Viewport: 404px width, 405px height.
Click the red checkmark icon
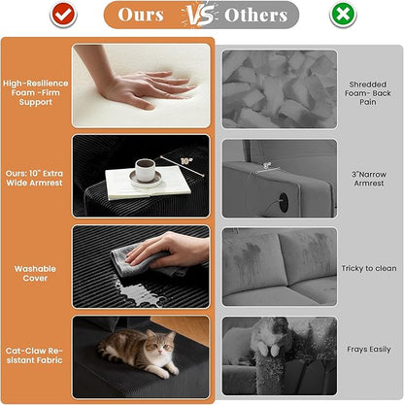(63, 15)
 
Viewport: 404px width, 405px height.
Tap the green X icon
(343, 15)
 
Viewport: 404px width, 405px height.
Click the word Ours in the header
(141, 15)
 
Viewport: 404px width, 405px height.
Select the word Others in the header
(255, 15)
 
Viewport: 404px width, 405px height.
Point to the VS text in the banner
(200, 16)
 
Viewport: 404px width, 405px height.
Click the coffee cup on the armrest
(145, 170)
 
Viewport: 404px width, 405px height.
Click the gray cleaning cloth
(144, 260)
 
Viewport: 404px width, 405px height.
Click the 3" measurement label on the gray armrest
(267, 165)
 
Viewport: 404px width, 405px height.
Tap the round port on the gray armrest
(284, 203)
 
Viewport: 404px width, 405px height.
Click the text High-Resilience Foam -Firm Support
(36, 92)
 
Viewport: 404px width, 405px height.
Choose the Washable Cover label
(35, 273)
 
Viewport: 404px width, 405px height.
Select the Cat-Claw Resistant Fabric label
(34, 355)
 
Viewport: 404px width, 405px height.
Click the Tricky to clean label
(369, 268)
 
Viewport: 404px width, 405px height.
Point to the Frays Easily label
(369, 350)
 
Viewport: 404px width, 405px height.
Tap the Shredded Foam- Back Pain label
(368, 93)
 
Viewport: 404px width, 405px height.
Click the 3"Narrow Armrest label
(369, 179)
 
